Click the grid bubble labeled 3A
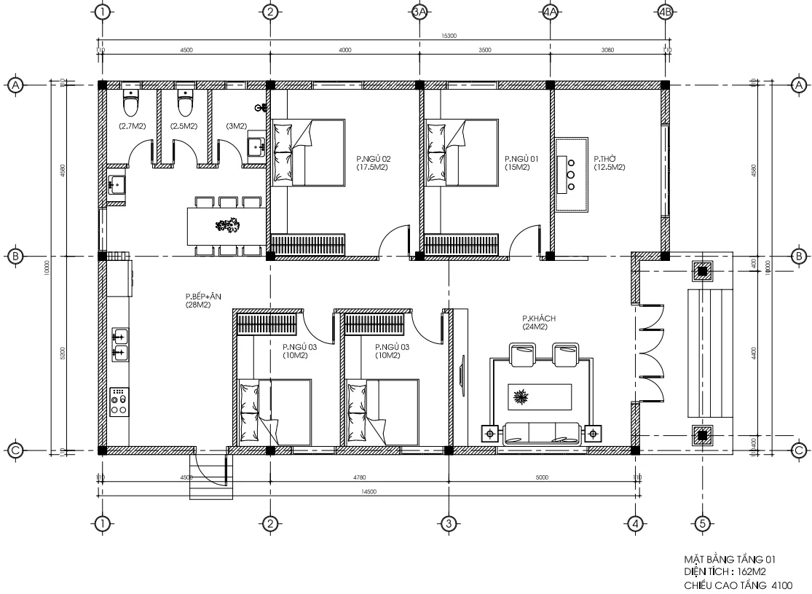(x=419, y=12)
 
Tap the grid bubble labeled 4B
(x=663, y=12)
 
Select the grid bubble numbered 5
(x=702, y=523)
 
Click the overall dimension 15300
(x=449, y=36)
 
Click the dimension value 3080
(x=609, y=50)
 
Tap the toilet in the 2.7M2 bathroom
(x=130, y=103)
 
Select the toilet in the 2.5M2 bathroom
(x=185, y=103)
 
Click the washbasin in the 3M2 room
(x=256, y=146)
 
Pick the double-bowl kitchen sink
(x=119, y=345)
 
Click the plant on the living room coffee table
(x=521, y=398)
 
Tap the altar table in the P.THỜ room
(x=572, y=175)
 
